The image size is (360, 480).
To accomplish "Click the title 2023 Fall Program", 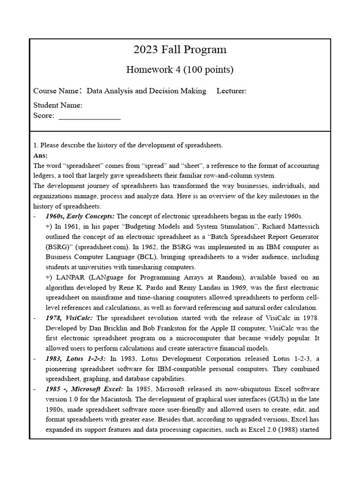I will click(x=180, y=50).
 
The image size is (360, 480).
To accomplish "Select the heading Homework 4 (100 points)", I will click(x=180, y=70).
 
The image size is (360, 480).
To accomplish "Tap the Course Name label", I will click(x=57, y=91).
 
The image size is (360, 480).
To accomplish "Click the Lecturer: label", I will click(x=232, y=91).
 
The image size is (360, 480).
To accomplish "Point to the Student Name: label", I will click(x=58, y=105).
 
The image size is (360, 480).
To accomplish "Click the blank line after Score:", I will click(x=89, y=116).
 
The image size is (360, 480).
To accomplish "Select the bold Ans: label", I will click(x=40, y=155).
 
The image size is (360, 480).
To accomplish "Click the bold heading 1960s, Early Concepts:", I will click(x=80, y=216).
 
